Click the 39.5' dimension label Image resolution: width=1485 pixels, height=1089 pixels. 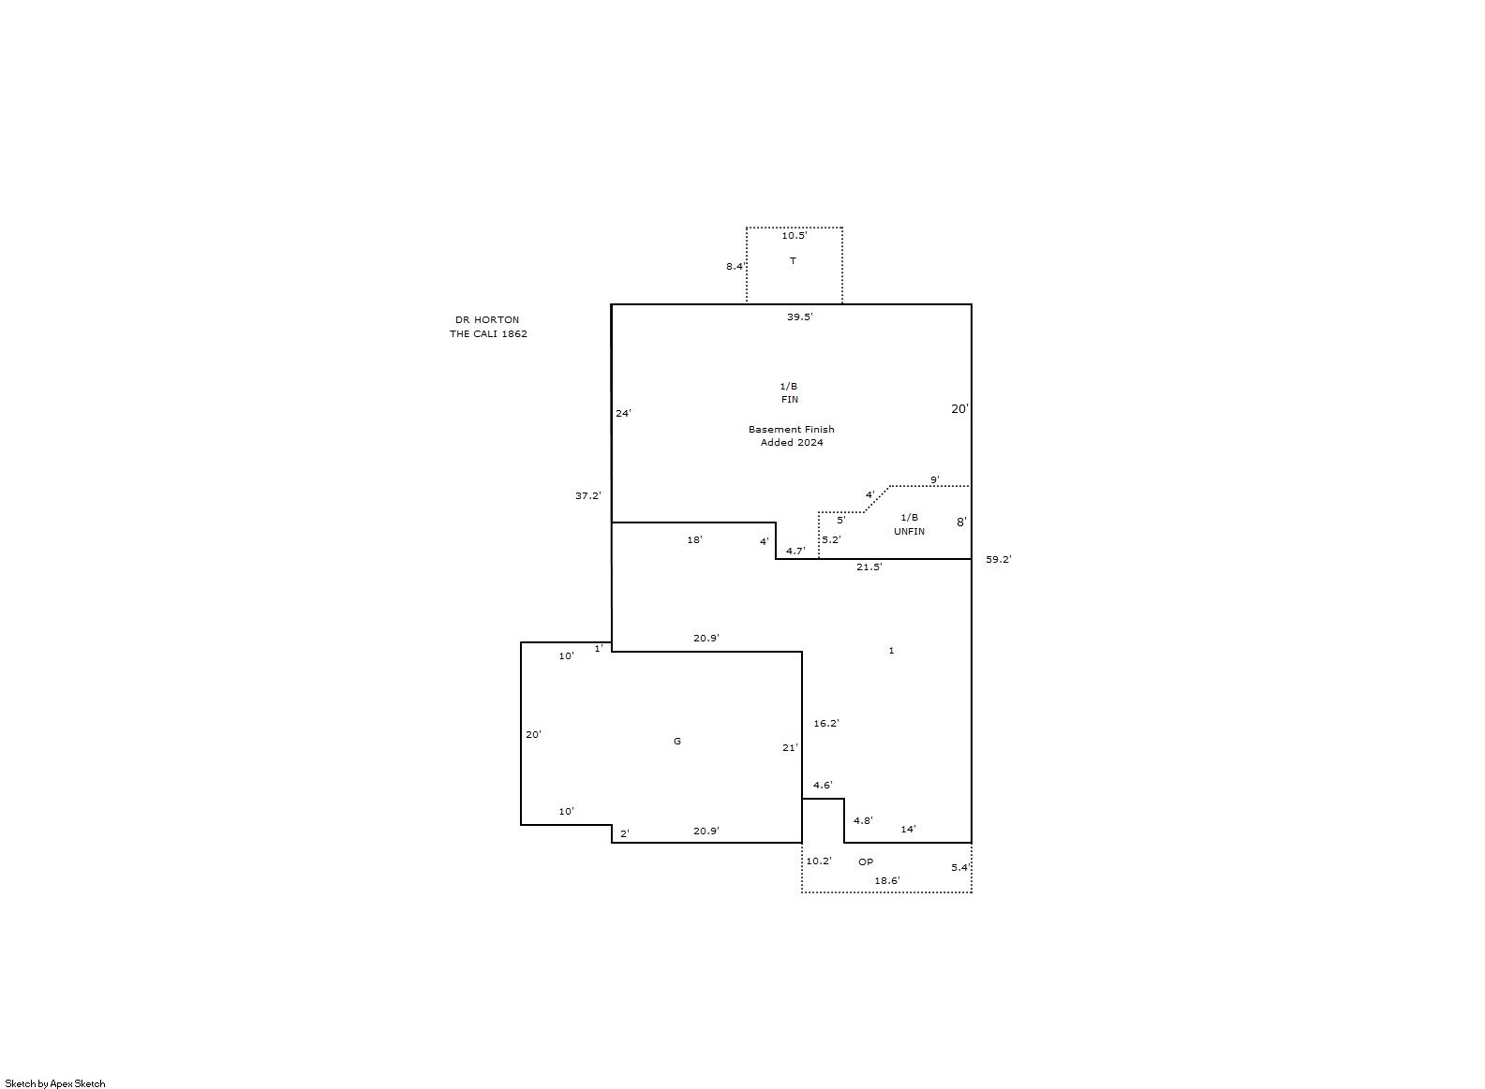click(x=799, y=316)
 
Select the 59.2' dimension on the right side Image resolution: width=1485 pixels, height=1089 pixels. click(x=999, y=559)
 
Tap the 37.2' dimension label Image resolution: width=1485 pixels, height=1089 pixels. click(x=588, y=495)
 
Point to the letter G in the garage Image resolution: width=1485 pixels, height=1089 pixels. click(x=676, y=741)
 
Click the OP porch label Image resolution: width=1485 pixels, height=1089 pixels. click(x=866, y=861)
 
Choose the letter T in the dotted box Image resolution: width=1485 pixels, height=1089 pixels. click(x=793, y=260)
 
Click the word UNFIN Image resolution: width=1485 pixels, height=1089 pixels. click(x=909, y=531)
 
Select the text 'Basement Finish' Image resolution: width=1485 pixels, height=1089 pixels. click(x=792, y=429)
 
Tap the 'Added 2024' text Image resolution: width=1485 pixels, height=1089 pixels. click(x=792, y=443)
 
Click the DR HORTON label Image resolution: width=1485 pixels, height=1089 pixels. click(x=487, y=319)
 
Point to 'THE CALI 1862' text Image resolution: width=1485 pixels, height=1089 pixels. click(x=488, y=333)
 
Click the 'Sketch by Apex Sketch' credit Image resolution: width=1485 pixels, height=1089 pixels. click(x=55, y=1083)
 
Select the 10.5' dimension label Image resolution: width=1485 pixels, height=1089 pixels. click(x=794, y=235)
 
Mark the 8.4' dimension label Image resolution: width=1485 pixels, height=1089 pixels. click(x=735, y=266)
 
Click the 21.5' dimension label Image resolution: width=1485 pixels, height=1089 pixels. click(x=869, y=567)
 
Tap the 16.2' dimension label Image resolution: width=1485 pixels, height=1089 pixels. click(x=826, y=724)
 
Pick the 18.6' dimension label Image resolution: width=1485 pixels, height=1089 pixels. click(x=887, y=880)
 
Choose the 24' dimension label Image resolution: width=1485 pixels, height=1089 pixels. click(x=623, y=413)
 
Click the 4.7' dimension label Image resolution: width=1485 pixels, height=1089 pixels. click(x=795, y=551)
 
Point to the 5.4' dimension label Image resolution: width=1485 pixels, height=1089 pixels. click(x=960, y=867)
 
